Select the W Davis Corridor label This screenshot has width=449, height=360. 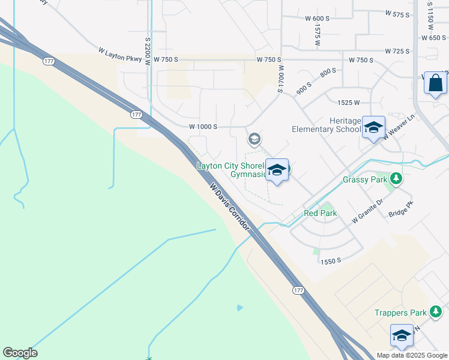pos(229,207)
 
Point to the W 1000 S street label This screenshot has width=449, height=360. pos(203,127)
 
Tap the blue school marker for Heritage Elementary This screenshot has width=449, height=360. pos(373,128)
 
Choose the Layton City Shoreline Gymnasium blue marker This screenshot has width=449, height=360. pos(276,170)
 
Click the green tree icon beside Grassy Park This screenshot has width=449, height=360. pos(396,178)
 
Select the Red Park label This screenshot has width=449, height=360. pos(320,213)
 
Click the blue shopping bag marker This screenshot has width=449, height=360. pos(435,83)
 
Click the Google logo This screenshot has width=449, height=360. pos(20,353)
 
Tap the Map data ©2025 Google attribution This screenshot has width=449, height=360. pos(412,355)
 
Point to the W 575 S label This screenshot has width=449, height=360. pos(398,13)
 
